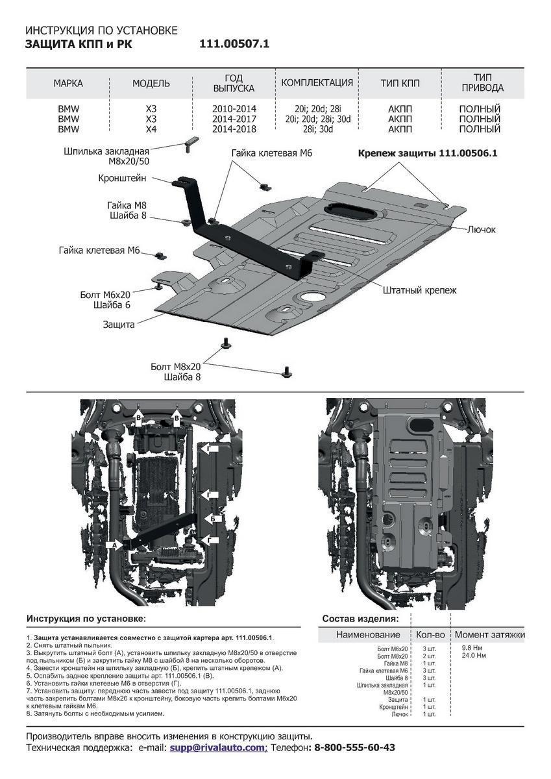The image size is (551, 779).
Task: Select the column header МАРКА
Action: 68,84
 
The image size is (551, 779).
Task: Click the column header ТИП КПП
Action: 400,84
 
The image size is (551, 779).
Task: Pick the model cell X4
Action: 151,129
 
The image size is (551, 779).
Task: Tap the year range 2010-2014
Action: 234,109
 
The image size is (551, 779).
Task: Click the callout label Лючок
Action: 481,230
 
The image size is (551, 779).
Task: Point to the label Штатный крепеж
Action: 419,290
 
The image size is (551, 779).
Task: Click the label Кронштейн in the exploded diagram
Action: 124,178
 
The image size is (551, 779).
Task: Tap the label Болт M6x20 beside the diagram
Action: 108,294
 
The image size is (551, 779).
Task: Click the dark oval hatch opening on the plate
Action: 345,210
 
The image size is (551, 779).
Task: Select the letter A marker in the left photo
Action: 115,546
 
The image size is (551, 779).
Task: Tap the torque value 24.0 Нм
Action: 473,656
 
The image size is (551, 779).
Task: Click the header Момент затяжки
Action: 489,634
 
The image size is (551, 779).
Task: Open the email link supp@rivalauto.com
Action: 218,748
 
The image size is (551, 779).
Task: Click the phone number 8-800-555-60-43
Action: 354,748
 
